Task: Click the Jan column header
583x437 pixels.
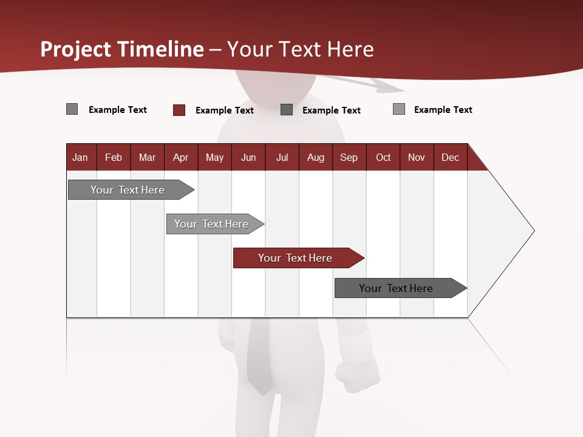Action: [81, 157]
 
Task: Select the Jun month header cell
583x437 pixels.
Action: [248, 157]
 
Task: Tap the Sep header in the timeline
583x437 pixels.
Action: [349, 157]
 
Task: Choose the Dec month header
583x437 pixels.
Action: [450, 157]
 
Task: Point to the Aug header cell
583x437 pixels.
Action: [315, 157]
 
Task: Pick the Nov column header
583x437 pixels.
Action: [417, 157]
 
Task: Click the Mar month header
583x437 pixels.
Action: [147, 157]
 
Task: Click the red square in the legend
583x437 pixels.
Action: [179, 110]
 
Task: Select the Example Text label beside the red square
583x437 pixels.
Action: [224, 110]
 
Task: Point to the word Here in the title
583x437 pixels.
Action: [350, 49]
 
